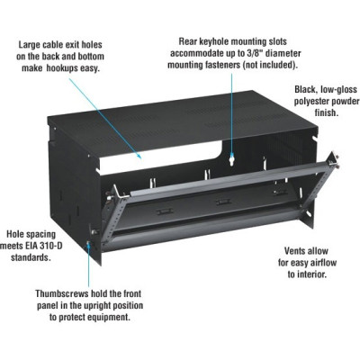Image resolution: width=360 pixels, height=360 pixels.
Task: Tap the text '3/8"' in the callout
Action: tap(252, 53)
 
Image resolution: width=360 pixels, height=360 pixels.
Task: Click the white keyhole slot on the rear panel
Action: tap(231, 159)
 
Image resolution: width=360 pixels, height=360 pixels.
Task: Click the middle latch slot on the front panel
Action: tap(224, 202)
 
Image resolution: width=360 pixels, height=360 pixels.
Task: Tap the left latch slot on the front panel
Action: tap(165, 211)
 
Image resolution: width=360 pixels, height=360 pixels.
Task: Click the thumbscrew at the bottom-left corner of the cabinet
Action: tap(88, 244)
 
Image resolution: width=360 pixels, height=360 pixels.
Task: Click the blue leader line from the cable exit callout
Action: tap(105, 118)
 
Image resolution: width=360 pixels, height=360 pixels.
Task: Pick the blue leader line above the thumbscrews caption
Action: tap(88, 265)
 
